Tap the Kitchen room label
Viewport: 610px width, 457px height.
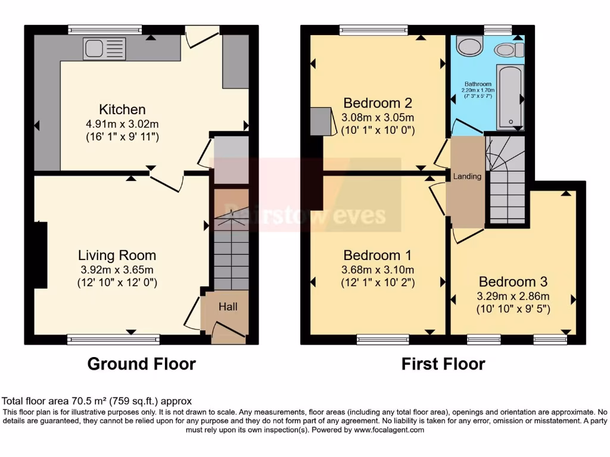pyautogui.click(x=122, y=109)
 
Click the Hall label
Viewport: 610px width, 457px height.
pyautogui.click(x=228, y=307)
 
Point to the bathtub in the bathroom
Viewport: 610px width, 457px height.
pyautogui.click(x=510, y=97)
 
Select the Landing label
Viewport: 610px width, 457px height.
pyautogui.click(x=467, y=177)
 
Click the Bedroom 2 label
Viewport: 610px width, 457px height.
pyautogui.click(x=378, y=102)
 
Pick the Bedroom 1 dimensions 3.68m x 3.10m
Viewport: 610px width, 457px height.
pyautogui.click(x=378, y=270)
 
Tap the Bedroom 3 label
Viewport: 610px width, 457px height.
pyautogui.click(x=513, y=282)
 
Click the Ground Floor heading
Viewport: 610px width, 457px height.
pyautogui.click(x=142, y=364)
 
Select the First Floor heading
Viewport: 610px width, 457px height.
pyautogui.click(x=443, y=364)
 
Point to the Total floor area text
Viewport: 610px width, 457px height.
pyautogui.click(x=97, y=401)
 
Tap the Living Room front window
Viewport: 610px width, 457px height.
pyautogui.click(x=114, y=340)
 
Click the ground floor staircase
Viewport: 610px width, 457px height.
pyautogui.click(x=231, y=250)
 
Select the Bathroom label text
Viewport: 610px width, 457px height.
pyautogui.click(x=478, y=84)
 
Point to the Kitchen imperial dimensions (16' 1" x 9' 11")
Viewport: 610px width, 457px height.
pyautogui.click(x=122, y=136)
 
